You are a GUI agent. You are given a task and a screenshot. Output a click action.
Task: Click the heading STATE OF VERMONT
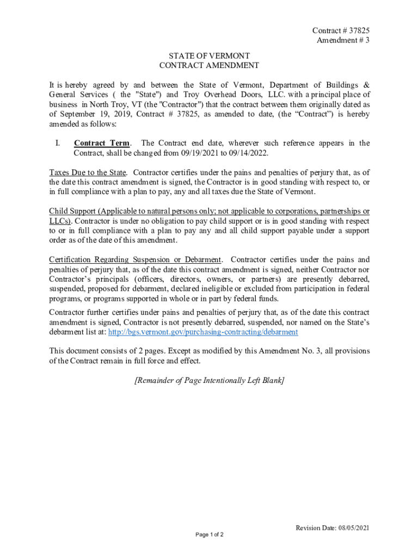click(x=209, y=55)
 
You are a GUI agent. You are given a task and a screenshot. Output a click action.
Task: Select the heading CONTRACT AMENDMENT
click(x=209, y=65)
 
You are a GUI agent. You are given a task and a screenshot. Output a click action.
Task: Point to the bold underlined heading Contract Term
click(x=102, y=143)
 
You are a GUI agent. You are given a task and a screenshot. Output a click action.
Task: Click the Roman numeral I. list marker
click(x=57, y=143)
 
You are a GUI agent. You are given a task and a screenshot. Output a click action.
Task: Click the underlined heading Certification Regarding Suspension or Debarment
click(x=135, y=259)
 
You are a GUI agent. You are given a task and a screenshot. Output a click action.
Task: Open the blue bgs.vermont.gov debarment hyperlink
click(x=203, y=332)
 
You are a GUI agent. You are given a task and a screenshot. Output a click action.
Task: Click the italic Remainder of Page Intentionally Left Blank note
click(x=209, y=381)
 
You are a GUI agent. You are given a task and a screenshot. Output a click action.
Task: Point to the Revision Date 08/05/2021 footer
click(x=332, y=528)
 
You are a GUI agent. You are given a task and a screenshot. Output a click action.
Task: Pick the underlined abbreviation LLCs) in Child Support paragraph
click(x=60, y=221)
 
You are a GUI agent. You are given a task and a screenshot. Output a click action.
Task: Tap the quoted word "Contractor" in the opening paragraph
click(x=180, y=104)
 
